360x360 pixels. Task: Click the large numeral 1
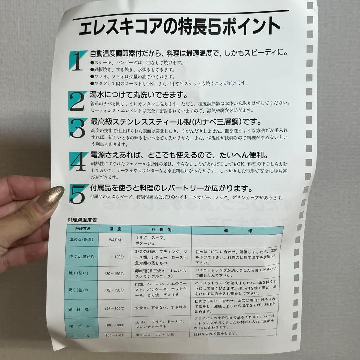click(77, 61)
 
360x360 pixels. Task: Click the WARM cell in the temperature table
click(115, 239)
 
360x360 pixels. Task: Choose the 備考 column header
click(237, 230)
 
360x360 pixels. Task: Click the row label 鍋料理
click(79, 309)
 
